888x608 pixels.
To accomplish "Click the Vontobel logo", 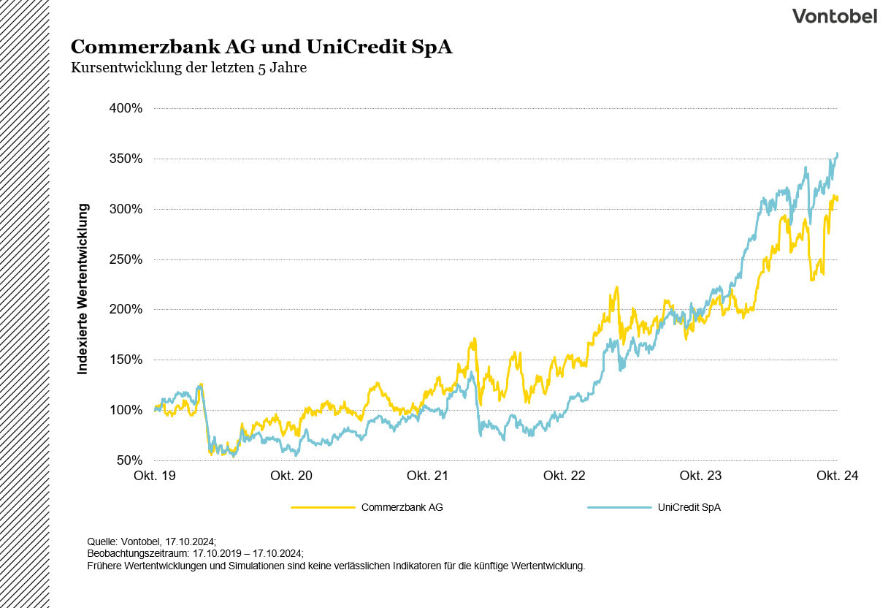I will point(835,16).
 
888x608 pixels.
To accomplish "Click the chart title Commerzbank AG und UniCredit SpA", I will point(261,47).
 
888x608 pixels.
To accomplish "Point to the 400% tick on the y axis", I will point(126,109).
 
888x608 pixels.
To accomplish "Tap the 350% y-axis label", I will point(126,159).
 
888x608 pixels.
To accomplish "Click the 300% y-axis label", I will point(126,210).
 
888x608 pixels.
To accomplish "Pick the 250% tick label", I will point(126,259).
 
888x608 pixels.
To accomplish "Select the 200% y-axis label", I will point(126,310).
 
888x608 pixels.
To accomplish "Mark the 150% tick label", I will point(126,360).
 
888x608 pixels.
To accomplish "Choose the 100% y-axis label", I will point(126,410).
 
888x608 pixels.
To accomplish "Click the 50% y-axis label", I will point(129,460).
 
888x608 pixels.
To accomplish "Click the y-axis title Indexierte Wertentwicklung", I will point(83,289).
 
